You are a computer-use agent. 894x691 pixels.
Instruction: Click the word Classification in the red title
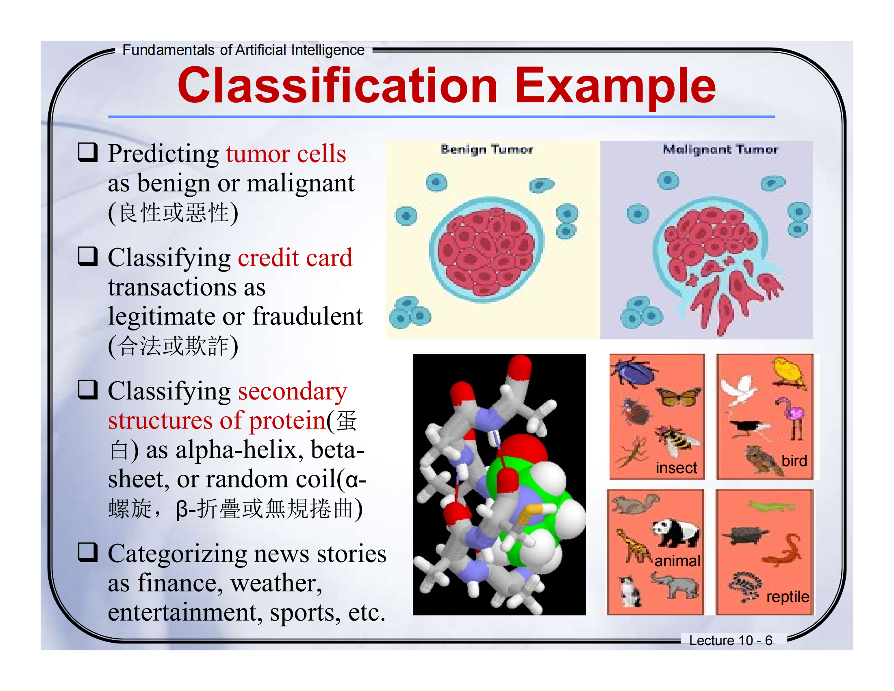[337, 86]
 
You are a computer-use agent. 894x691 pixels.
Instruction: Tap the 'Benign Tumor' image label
[487, 150]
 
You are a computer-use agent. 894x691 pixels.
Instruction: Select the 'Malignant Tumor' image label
[720, 150]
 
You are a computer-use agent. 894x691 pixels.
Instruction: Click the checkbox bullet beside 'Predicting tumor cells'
[88, 152]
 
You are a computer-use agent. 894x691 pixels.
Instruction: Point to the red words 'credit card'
[295, 258]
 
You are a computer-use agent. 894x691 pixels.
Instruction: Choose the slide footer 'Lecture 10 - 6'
[730, 640]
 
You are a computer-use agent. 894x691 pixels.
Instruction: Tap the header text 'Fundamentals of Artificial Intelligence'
[243, 50]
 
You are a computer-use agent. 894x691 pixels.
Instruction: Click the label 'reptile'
[788, 597]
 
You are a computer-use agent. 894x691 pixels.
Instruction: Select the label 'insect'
[676, 467]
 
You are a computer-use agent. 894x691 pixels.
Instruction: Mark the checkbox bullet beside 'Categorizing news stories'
[88, 552]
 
